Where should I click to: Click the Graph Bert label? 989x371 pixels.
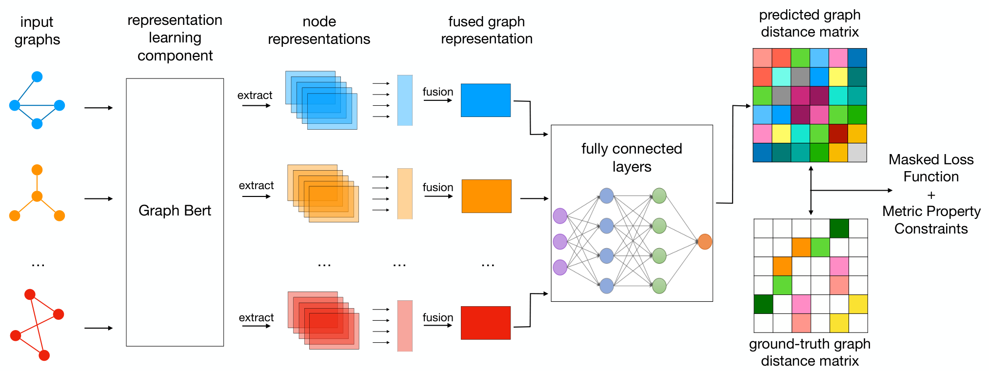[175, 211]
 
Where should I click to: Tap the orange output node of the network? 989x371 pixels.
[705, 241]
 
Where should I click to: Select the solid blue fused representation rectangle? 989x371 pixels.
[486, 100]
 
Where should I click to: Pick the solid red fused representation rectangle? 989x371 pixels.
[486, 323]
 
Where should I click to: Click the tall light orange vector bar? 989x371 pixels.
[405, 194]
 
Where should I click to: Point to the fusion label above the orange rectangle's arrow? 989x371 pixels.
[438, 187]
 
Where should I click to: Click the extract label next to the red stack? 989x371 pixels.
[256, 317]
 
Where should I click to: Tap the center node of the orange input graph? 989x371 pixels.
[37, 196]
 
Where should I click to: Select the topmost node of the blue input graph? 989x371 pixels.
[37, 77]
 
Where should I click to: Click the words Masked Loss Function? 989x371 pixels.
[931, 168]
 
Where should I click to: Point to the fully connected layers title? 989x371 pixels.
[632, 157]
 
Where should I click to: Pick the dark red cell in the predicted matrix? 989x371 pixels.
[838, 134]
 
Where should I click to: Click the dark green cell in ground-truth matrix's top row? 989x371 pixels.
[839, 228]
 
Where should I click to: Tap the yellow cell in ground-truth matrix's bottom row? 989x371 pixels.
[839, 323]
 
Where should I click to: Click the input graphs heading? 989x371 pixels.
[37, 31]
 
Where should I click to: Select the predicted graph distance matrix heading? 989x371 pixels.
[810, 23]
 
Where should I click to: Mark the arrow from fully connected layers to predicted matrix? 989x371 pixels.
[733, 154]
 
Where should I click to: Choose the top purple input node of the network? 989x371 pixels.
[560, 215]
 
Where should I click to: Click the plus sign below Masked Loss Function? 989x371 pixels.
[931, 195]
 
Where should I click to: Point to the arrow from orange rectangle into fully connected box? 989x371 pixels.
[534, 198]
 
